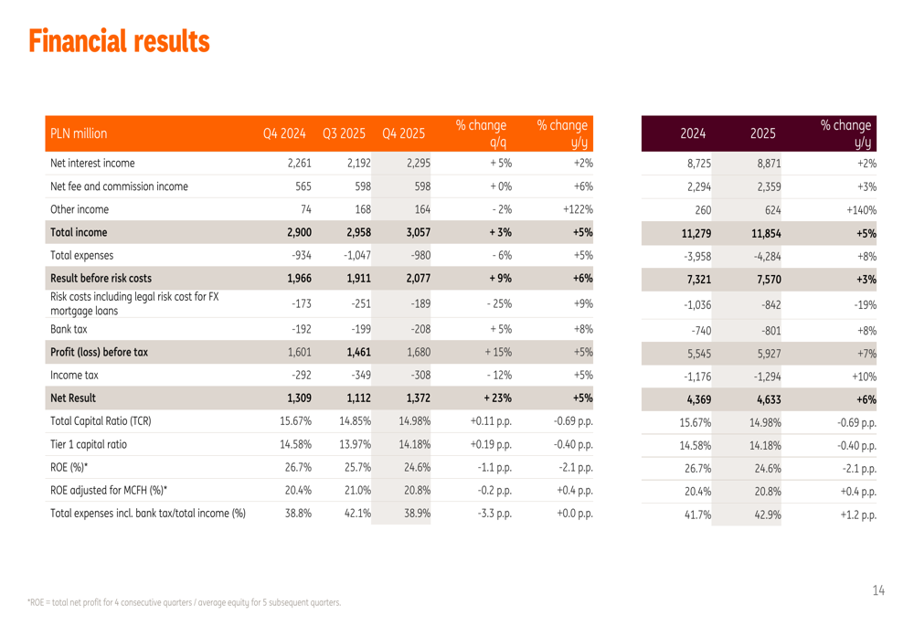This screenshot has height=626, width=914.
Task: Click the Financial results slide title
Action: point(119,40)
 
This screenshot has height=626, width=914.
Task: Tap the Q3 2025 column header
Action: point(344,133)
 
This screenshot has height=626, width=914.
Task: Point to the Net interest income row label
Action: point(92,164)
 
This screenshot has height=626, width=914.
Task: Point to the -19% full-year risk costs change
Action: point(862,304)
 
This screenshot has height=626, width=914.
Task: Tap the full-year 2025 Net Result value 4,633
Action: point(762,398)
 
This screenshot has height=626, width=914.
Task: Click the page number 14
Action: point(877,591)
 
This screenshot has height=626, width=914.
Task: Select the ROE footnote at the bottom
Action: point(184,602)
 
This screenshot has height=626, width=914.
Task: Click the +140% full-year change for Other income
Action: point(859,209)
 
